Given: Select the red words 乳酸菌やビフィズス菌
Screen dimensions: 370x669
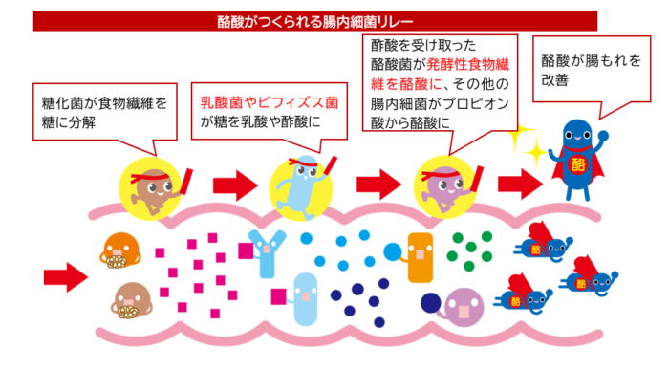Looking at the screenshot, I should click(x=269, y=98).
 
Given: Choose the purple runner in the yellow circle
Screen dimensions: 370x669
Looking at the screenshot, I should click(x=447, y=182).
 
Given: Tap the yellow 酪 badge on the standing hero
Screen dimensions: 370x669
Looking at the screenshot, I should click(x=576, y=163).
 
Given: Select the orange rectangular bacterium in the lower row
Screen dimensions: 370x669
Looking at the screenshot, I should click(x=421, y=256).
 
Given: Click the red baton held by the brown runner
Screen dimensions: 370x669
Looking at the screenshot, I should click(x=186, y=179).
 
